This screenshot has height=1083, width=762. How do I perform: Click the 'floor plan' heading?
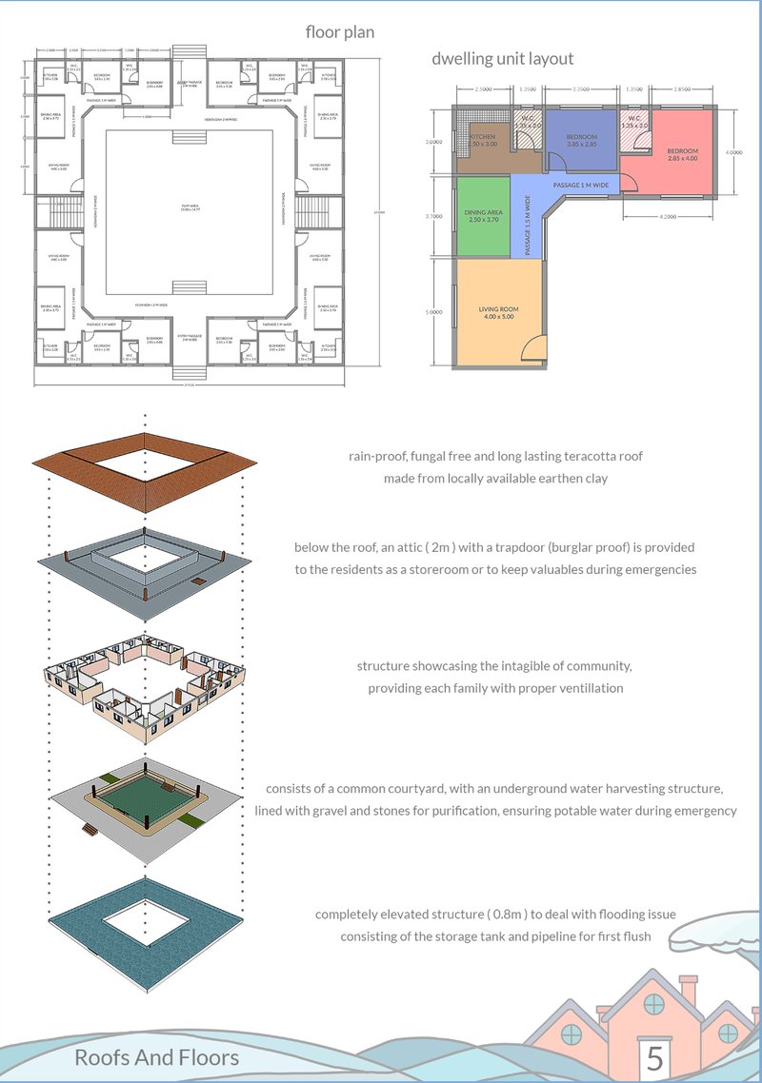(339, 32)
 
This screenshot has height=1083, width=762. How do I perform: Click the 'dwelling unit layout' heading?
(502, 59)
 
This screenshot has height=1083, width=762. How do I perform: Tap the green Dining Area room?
(482, 216)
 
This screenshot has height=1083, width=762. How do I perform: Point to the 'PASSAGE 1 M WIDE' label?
(580, 182)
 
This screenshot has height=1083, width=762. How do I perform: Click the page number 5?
(654, 1057)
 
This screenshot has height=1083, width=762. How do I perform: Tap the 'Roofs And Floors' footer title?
(156, 1057)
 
